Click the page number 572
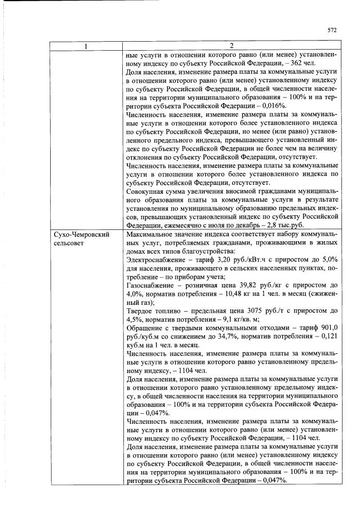point(331,30)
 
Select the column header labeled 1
point(85,46)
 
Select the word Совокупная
point(148,190)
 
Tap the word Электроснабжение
point(156,260)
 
